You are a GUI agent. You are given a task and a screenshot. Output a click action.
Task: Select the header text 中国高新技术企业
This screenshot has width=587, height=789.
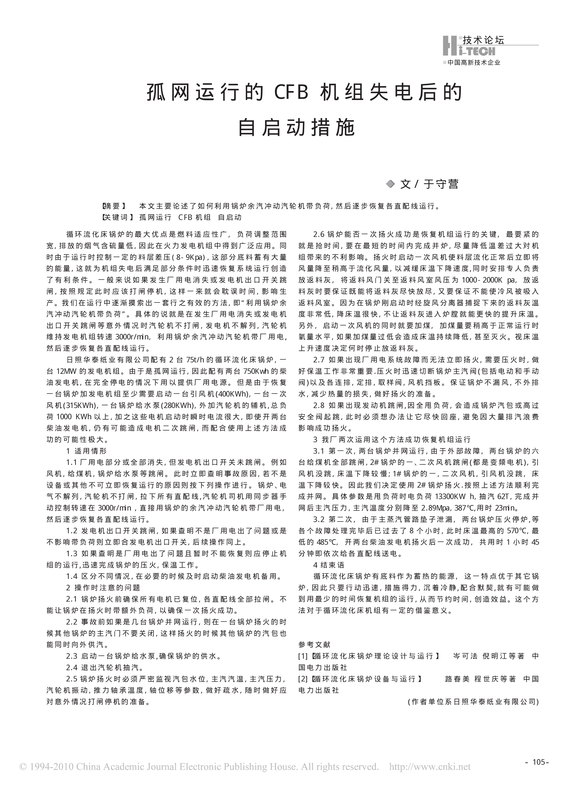point(474,63)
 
